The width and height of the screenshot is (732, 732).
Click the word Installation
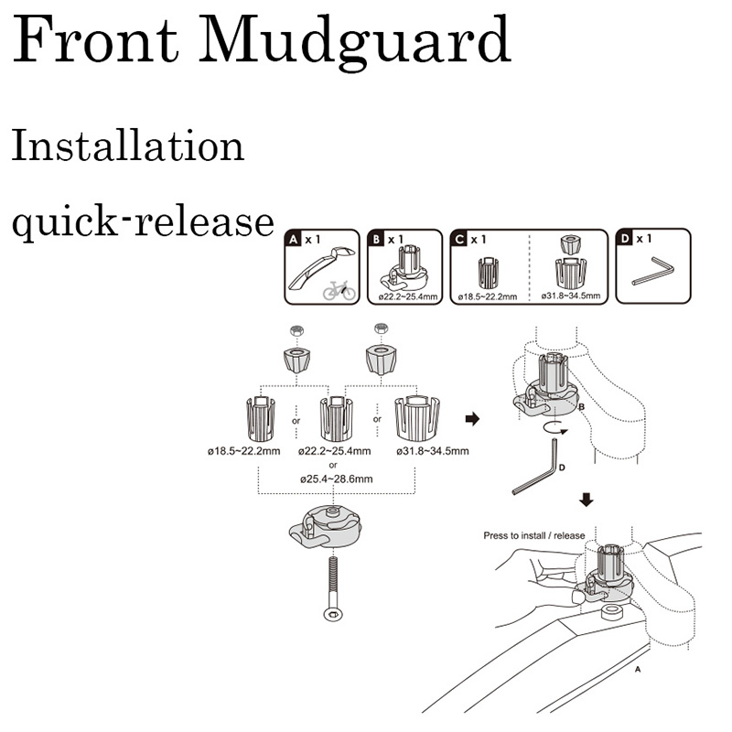(x=127, y=146)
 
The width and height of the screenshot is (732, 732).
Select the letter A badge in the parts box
(x=294, y=240)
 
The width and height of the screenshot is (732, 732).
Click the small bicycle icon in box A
(x=339, y=289)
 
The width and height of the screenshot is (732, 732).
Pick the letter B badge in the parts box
(x=377, y=240)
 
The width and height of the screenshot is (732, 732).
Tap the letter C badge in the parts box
(x=460, y=240)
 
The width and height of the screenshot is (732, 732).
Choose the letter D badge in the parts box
(x=627, y=240)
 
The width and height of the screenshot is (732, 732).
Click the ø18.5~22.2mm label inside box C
(x=487, y=296)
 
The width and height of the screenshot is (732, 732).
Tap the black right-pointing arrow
(x=472, y=419)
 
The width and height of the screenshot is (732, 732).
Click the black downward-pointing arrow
(x=587, y=500)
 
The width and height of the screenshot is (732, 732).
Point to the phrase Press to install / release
(x=533, y=535)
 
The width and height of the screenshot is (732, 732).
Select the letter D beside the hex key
(x=561, y=468)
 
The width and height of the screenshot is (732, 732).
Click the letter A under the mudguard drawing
(x=637, y=669)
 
